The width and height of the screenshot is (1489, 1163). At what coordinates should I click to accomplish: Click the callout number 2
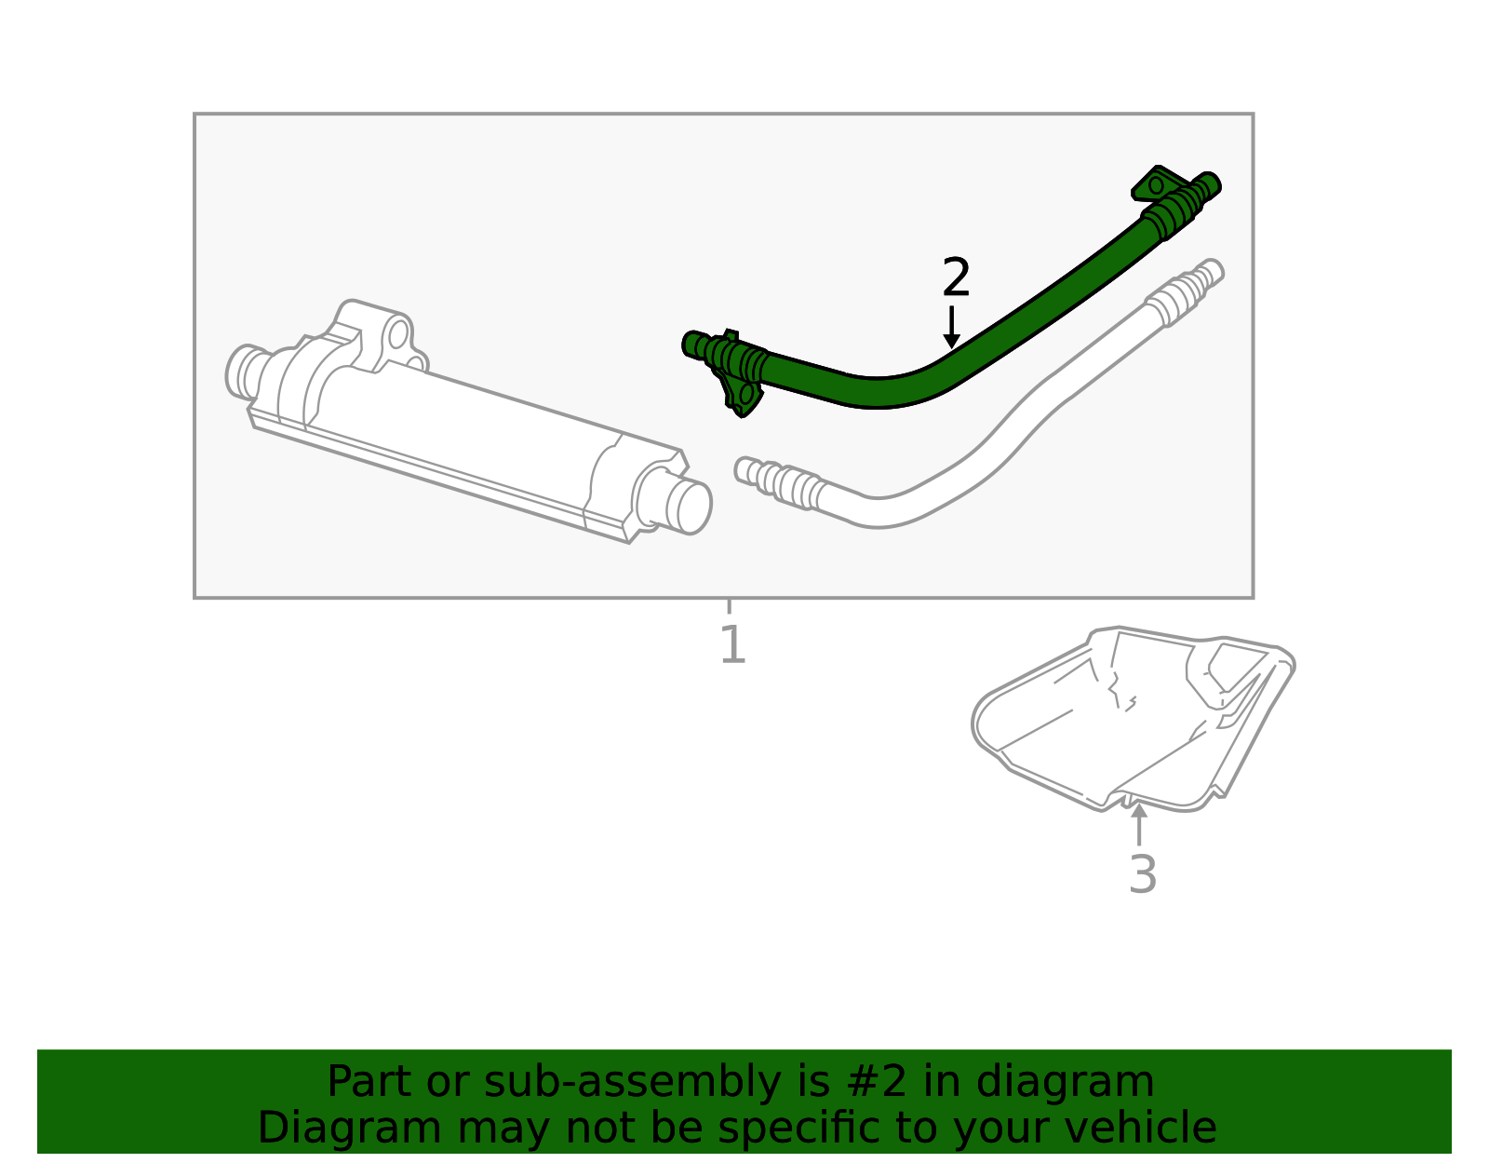pyautogui.click(x=956, y=277)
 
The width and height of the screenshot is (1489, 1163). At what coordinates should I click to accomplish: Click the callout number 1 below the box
pyautogui.click(x=732, y=644)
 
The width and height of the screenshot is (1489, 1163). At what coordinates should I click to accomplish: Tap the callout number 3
pyautogui.click(x=1142, y=874)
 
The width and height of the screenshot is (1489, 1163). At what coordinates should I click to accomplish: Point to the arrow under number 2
pyautogui.click(x=951, y=327)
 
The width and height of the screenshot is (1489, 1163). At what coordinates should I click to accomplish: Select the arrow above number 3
pyautogui.click(x=1139, y=824)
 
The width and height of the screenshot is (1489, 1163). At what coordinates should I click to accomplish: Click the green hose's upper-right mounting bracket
pyautogui.click(x=1157, y=184)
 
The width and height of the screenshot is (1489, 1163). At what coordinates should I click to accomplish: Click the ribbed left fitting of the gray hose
pyautogui.click(x=781, y=482)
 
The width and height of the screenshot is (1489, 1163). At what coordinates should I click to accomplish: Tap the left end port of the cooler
pyautogui.click(x=242, y=372)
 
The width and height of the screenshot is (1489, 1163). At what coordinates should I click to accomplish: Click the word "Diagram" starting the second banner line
pyautogui.click(x=349, y=1129)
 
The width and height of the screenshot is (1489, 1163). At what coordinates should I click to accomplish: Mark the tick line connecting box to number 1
pyautogui.click(x=729, y=606)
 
